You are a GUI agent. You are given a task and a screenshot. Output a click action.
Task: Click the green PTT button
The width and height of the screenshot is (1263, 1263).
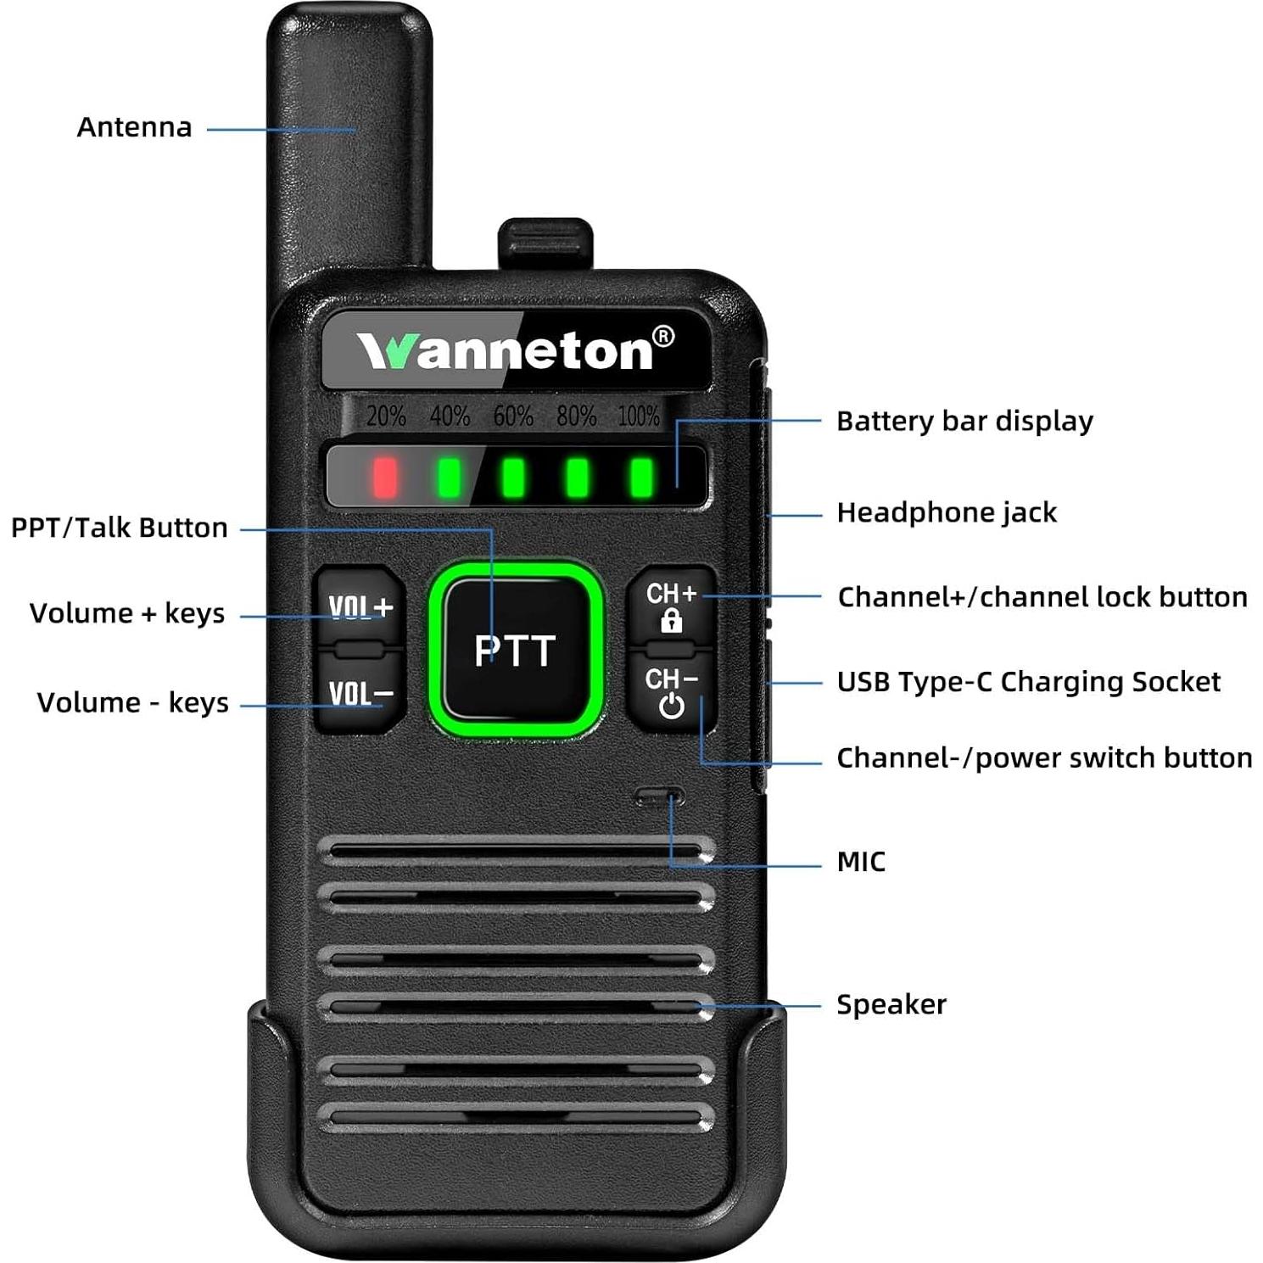point(515,650)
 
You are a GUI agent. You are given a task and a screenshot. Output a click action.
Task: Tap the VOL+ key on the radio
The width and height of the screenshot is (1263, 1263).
point(360,606)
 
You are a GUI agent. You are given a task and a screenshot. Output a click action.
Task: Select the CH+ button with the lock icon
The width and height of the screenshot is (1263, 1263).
point(671,606)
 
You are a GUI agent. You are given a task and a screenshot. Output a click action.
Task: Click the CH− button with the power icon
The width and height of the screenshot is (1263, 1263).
point(671,691)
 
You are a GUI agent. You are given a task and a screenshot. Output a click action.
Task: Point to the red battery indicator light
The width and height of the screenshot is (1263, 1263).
point(385,477)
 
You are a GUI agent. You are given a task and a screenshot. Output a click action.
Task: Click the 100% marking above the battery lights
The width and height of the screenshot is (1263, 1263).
point(638,416)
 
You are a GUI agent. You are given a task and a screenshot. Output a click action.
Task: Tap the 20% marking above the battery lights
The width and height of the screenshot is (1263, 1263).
point(386,416)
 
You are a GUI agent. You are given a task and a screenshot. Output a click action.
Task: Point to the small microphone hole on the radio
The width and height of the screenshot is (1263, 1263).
point(659,797)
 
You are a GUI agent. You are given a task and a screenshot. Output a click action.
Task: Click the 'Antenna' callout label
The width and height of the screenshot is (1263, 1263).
point(134,127)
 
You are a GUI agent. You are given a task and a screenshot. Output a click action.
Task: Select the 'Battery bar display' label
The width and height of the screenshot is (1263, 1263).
point(964,421)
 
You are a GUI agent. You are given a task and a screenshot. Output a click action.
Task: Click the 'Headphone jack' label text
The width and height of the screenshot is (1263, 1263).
point(947,512)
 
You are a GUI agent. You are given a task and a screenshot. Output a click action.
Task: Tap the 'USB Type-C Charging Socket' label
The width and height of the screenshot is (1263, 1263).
point(1028,682)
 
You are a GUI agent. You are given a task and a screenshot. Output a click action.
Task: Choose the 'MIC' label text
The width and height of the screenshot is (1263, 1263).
point(861,862)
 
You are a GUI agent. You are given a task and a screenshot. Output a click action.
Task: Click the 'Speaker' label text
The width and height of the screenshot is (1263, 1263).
point(891,1004)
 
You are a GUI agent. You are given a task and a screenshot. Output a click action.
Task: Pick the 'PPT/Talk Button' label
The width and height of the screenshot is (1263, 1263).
point(120,528)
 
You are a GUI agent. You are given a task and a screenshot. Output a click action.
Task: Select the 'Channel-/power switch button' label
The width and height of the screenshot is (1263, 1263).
point(1044,757)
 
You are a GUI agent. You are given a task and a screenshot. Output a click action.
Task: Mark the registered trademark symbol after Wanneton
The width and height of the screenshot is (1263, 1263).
point(663,337)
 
